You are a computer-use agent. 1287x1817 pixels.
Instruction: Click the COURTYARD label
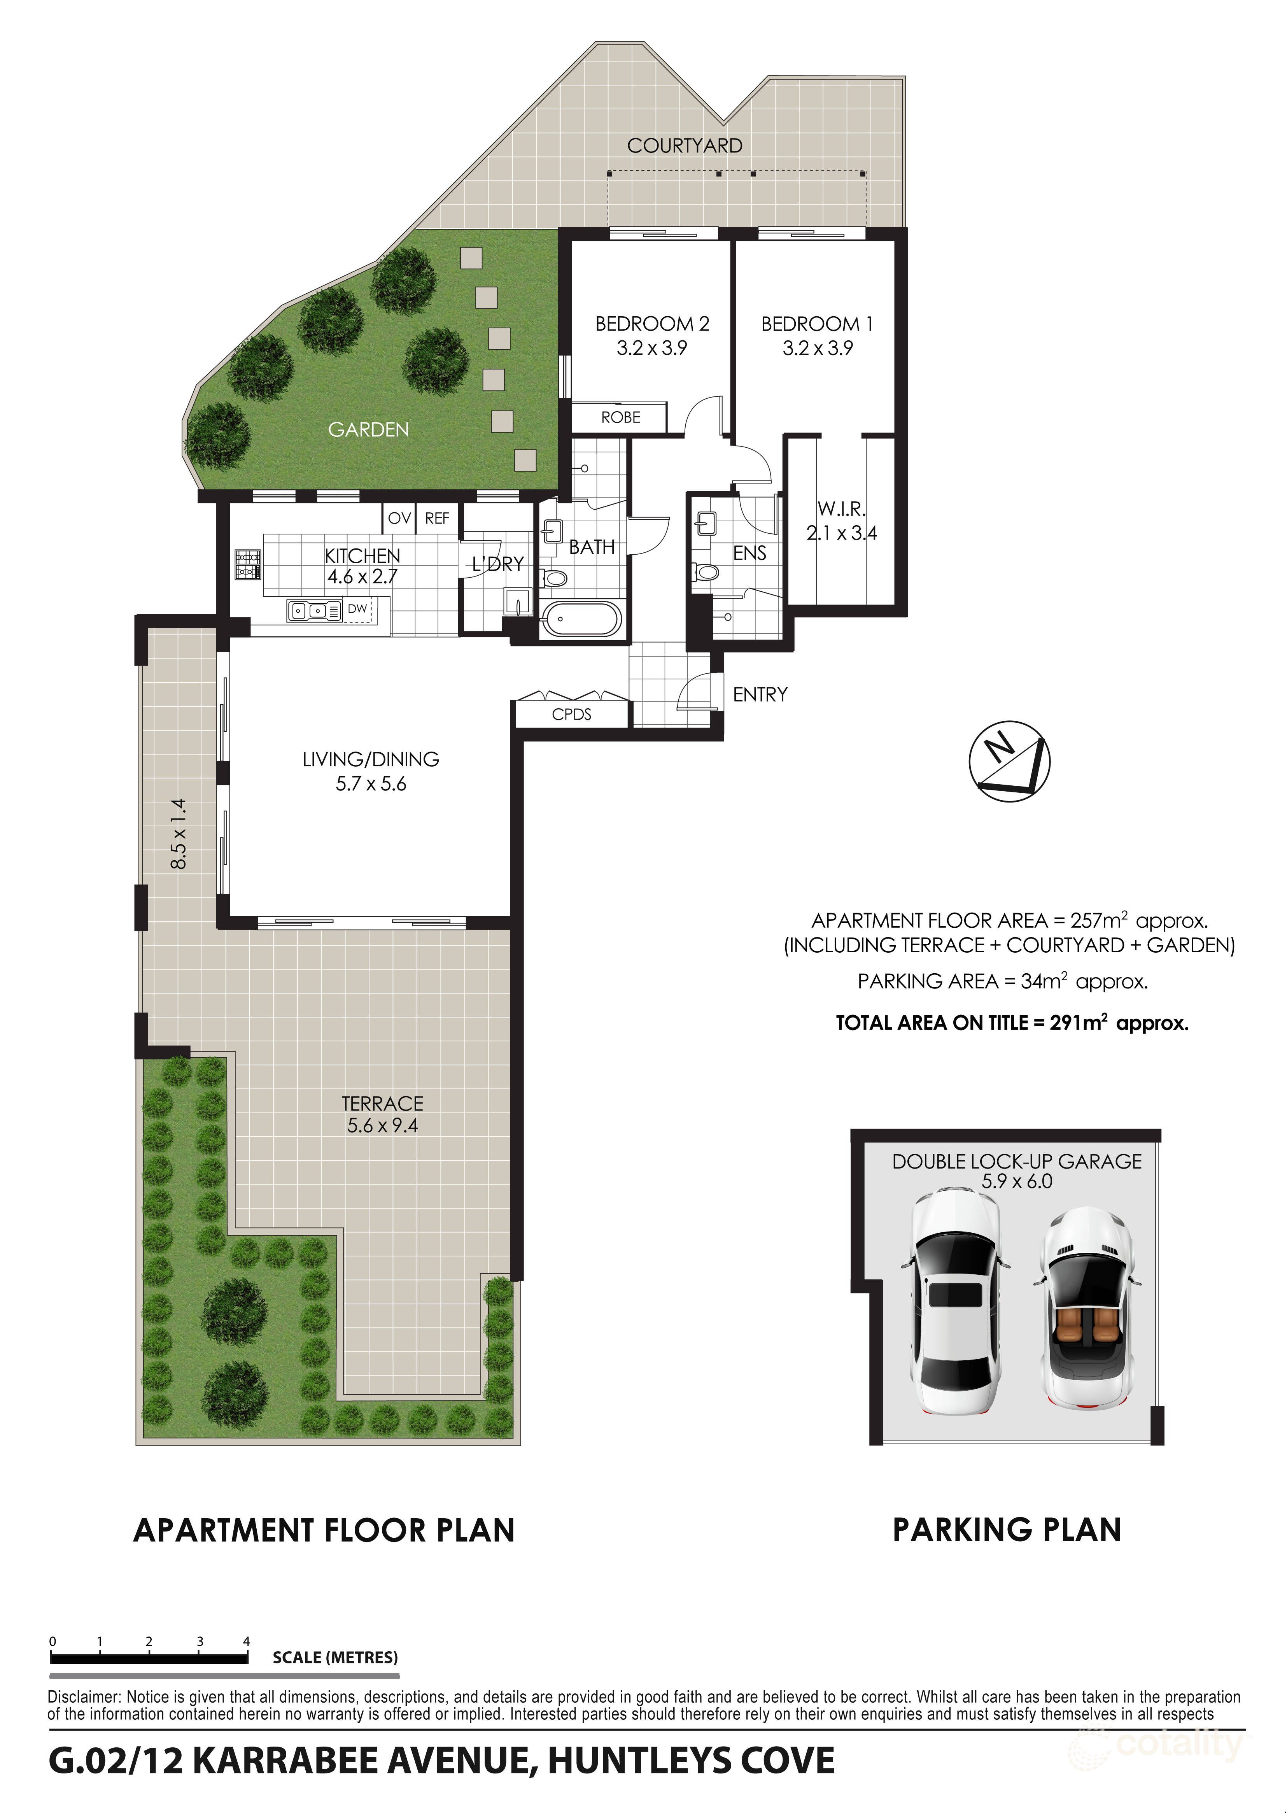click(685, 146)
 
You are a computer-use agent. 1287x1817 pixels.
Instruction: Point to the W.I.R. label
click(842, 509)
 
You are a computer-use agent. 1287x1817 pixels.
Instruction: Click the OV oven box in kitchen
click(399, 518)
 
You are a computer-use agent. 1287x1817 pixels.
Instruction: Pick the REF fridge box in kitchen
click(437, 518)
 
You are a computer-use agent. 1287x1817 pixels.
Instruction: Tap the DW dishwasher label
click(357, 608)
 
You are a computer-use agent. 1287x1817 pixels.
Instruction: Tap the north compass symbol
click(1009, 762)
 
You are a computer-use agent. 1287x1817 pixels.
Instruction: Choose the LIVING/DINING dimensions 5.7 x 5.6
click(371, 784)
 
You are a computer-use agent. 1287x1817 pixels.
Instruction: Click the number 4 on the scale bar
click(247, 1641)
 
